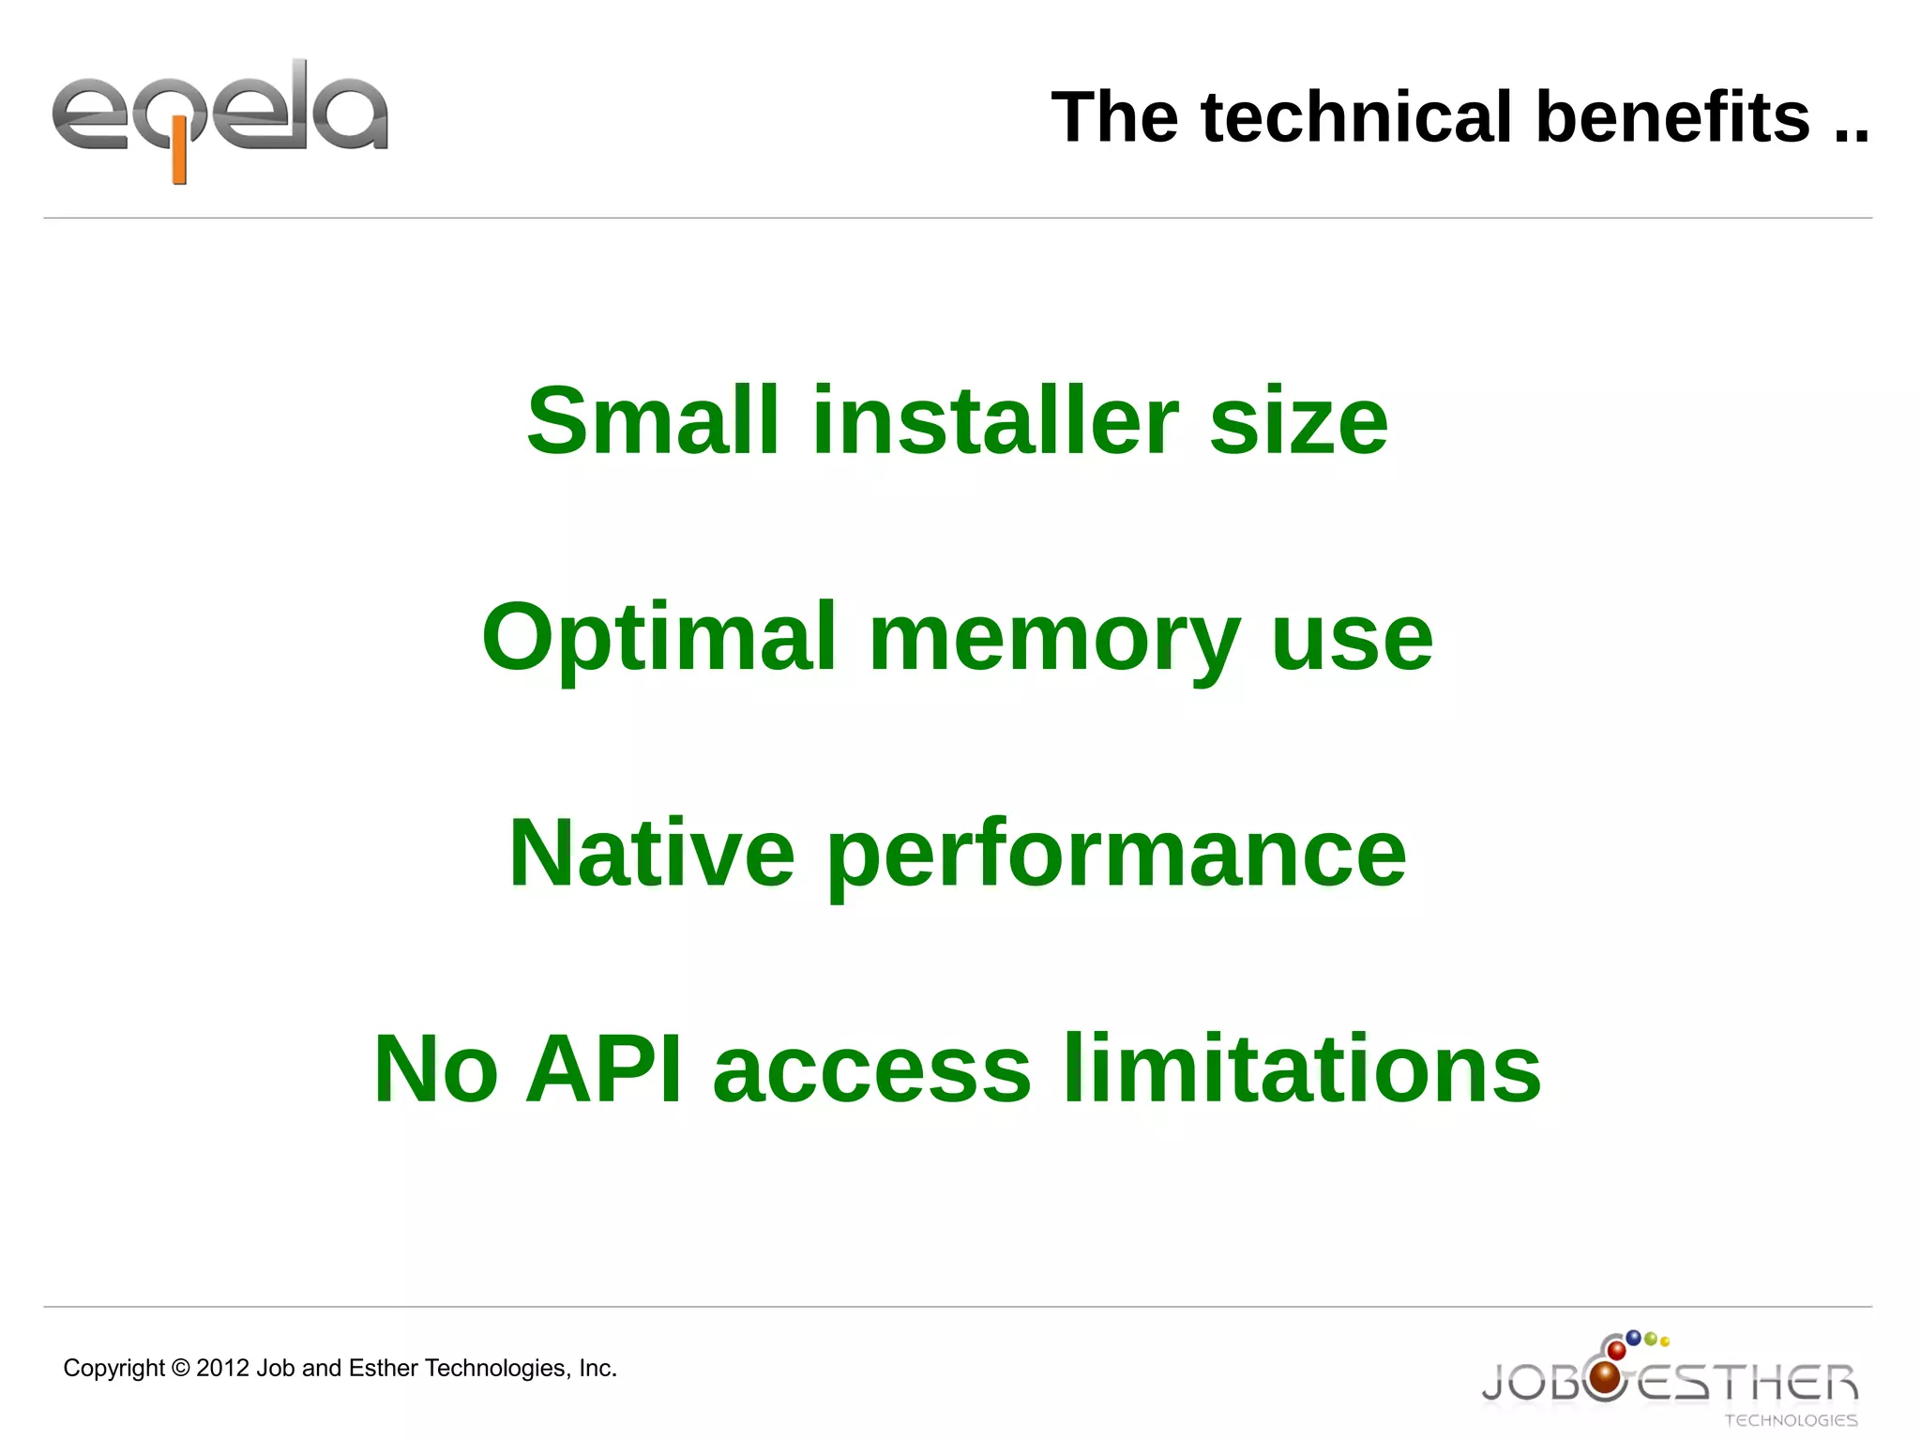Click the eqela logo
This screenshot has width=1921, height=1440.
click(220, 117)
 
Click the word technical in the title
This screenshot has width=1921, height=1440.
click(1357, 117)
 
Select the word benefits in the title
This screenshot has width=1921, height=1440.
click(1672, 117)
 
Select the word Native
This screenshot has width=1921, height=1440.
click(652, 854)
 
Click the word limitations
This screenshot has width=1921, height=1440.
click(1302, 1069)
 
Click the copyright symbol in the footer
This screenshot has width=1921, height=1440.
click(181, 1369)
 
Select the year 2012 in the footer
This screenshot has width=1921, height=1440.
click(222, 1369)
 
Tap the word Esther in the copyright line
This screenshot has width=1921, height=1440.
click(383, 1369)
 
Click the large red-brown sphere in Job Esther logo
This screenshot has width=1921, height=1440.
click(1607, 1377)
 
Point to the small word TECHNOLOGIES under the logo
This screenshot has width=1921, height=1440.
click(1791, 1420)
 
